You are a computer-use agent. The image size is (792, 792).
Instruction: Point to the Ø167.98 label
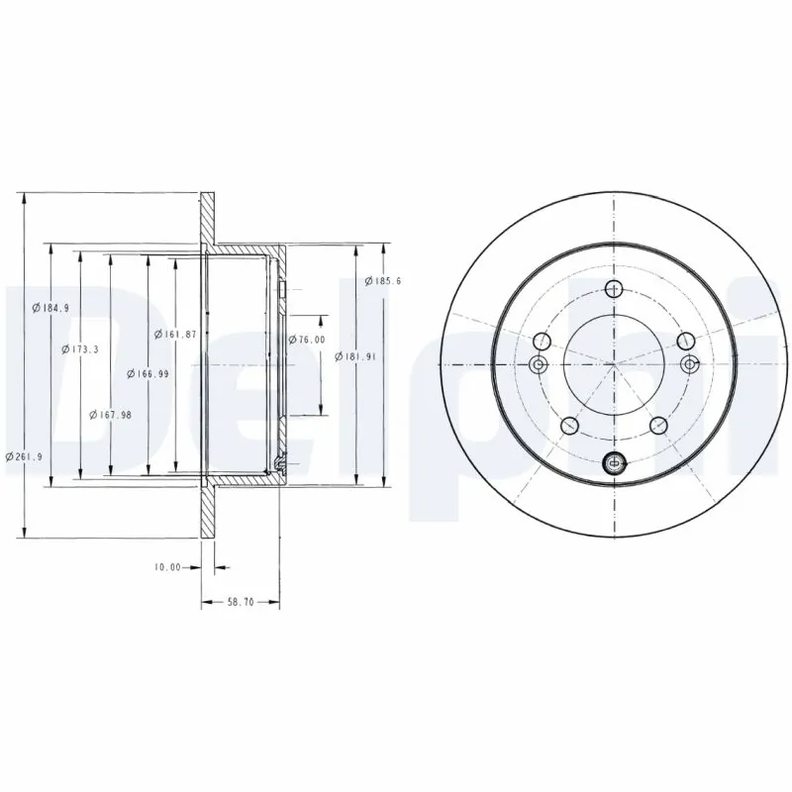pos(111,415)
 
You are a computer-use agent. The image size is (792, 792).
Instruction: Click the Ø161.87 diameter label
pos(175,335)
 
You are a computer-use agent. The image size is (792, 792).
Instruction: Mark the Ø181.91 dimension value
pos(353,356)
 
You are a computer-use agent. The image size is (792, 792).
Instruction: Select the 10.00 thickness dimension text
pos(167,567)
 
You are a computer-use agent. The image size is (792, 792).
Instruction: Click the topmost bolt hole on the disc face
pos(614,289)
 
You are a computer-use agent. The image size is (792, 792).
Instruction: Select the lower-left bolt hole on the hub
pos(569,426)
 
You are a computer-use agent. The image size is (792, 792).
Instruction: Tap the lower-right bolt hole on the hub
pos(658,426)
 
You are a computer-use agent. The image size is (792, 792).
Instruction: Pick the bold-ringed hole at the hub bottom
pos(614,460)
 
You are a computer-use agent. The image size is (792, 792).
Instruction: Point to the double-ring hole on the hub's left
pos(541,365)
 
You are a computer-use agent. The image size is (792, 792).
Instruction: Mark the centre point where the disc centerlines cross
pos(614,364)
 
